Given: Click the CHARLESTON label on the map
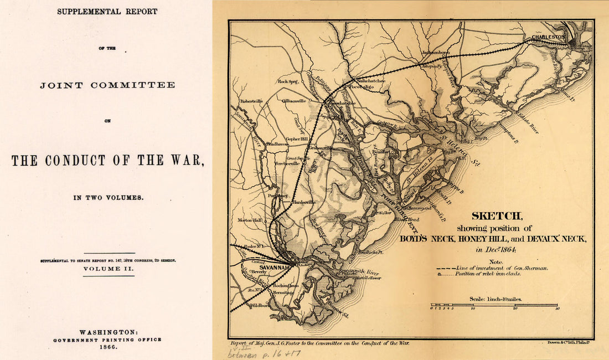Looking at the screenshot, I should tap(548, 37).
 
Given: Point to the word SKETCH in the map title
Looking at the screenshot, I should tap(496, 217).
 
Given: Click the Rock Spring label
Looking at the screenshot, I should tap(288, 82).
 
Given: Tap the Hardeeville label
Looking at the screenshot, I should tap(304, 202).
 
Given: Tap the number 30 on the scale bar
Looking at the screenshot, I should tap(558, 309).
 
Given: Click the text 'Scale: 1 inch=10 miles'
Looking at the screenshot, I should tap(496, 299).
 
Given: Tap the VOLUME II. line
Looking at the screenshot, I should tap(108, 269).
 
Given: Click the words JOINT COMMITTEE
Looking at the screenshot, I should tap(107, 85).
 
